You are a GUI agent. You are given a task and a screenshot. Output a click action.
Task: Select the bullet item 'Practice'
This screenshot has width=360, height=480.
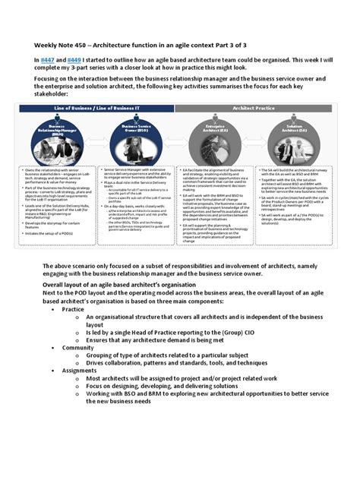click(x=74, y=331)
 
